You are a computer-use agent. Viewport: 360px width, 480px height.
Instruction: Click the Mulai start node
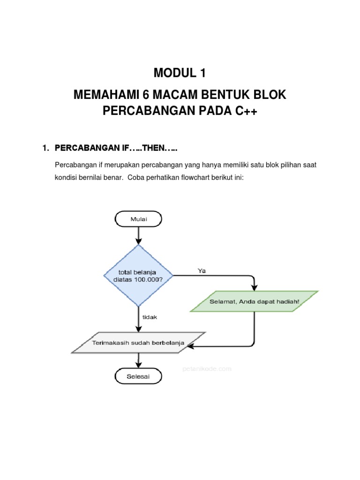[x=138, y=218]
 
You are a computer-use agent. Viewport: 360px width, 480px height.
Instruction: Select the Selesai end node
[x=138, y=376]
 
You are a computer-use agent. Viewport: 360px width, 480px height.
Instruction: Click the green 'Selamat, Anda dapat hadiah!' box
[x=254, y=301]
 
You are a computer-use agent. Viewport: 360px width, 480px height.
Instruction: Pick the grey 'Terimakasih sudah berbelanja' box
[x=138, y=343]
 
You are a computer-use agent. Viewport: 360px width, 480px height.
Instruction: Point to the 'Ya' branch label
[x=202, y=270]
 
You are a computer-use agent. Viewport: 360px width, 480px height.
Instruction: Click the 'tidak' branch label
[x=150, y=317]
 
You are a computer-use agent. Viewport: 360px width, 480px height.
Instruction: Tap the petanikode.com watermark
[x=207, y=369]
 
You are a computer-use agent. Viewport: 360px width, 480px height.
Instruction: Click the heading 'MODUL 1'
[x=180, y=74]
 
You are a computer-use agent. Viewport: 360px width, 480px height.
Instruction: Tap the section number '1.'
[x=45, y=148]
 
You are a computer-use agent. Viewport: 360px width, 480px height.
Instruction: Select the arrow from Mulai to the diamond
[x=138, y=235]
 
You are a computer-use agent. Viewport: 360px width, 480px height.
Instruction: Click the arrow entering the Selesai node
[x=138, y=360]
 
